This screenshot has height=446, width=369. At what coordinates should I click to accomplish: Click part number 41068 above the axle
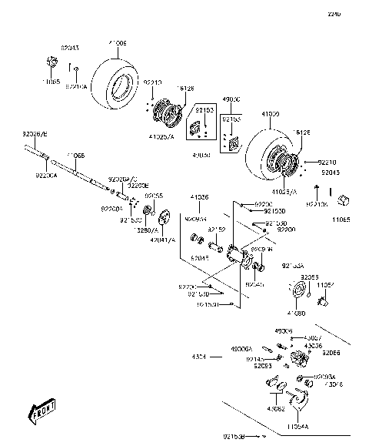pos(75,156)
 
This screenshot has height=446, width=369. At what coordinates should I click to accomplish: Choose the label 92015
pos(199,258)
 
